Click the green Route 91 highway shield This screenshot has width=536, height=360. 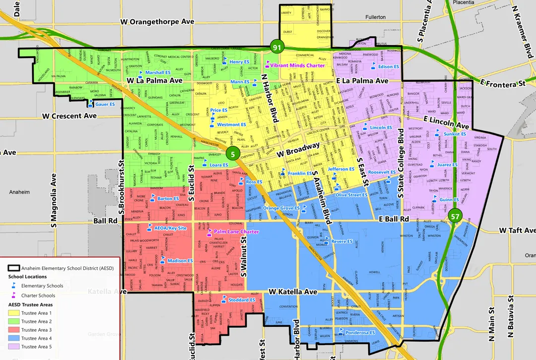(x=276, y=48)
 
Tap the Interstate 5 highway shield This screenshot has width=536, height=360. (x=233, y=154)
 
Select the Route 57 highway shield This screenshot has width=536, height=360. (x=456, y=216)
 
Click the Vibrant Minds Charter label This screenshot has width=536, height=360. (x=298, y=65)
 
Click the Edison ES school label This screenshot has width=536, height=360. (x=389, y=66)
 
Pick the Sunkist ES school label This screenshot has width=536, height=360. (x=455, y=134)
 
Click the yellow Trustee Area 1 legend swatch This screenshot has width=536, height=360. (x=14, y=313)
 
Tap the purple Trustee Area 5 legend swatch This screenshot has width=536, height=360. (x=14, y=347)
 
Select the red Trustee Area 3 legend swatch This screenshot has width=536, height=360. (x=14, y=330)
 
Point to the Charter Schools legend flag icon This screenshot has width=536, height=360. (x=13, y=296)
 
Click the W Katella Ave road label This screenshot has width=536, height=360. (x=293, y=292)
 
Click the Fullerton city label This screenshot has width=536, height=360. (x=375, y=17)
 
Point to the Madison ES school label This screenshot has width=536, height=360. (x=180, y=261)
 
